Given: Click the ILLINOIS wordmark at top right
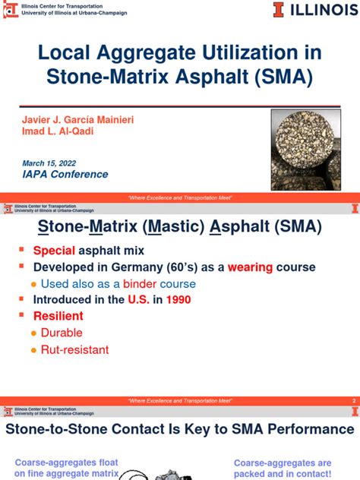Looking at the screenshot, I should click(x=319, y=11).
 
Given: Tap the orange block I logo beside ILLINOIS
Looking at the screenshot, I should click(x=279, y=11).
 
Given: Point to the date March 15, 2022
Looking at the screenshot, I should click(x=49, y=163).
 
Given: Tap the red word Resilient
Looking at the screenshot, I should click(x=58, y=316).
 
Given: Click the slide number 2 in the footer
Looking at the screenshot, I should click(x=353, y=401).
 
